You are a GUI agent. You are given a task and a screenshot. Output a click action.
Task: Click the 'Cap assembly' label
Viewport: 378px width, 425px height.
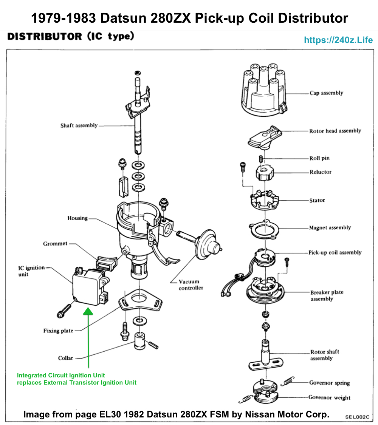[x=326, y=93]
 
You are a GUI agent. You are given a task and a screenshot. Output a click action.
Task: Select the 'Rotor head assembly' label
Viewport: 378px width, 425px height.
[x=335, y=131]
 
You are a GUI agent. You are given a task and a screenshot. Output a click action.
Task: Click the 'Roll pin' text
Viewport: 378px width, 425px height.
[x=319, y=158]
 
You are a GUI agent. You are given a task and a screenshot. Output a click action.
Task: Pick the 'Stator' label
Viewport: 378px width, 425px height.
[x=317, y=200]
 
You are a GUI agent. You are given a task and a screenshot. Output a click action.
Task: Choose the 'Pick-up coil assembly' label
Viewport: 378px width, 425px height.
[x=335, y=252]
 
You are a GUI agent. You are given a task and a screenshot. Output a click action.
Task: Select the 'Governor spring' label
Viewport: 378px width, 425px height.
[x=329, y=383]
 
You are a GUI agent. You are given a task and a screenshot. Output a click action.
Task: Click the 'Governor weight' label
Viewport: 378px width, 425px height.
[x=329, y=397]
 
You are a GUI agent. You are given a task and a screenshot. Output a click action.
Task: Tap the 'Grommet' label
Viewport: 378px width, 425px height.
[x=55, y=244]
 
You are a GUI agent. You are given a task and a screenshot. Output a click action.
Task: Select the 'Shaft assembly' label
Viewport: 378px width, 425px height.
[x=79, y=125]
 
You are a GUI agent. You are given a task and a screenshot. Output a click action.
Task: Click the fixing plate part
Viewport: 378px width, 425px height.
[x=140, y=299]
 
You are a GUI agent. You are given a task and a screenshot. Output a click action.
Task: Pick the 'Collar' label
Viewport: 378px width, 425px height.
[x=65, y=358]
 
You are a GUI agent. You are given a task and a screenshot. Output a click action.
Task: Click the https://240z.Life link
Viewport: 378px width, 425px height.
[x=338, y=40]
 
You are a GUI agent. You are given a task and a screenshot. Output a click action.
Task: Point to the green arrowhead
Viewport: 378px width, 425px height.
[x=88, y=311]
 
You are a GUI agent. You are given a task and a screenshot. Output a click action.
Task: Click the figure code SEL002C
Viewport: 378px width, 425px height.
[x=357, y=417]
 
